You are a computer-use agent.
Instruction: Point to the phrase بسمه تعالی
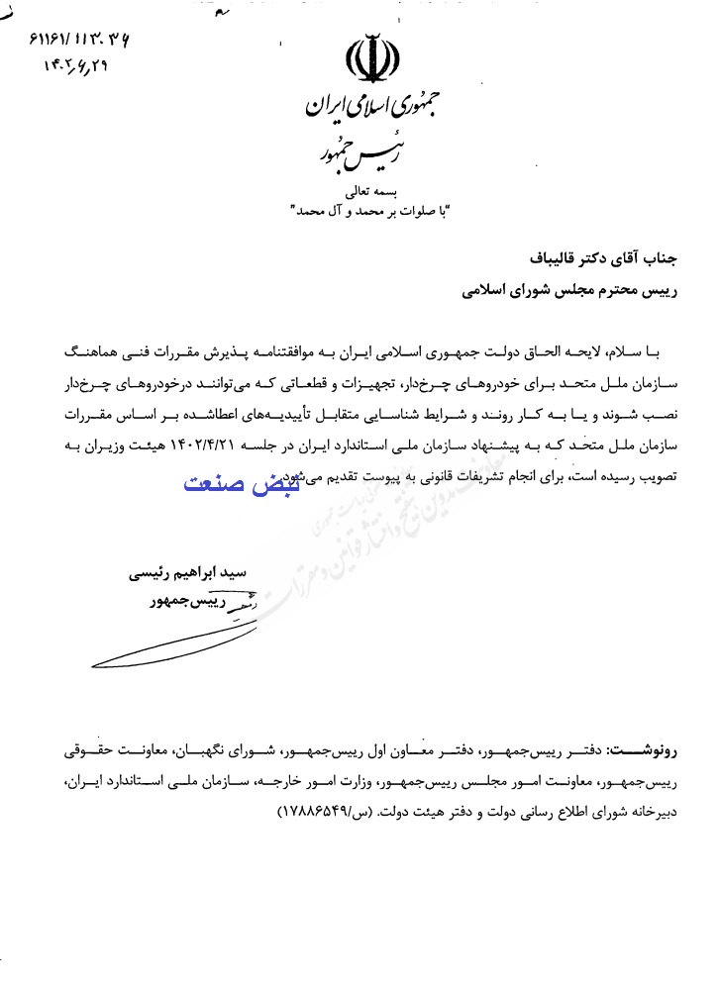367,189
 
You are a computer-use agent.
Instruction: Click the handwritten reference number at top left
74,42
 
